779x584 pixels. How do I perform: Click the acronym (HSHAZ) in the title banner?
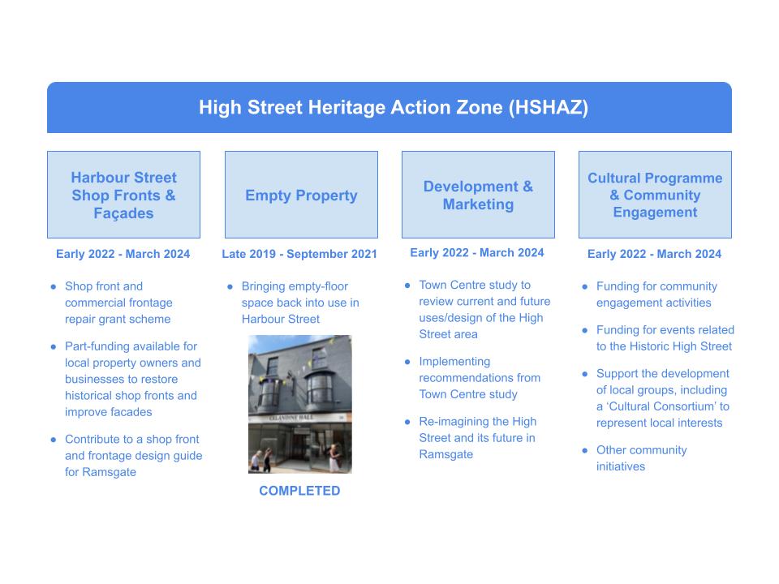tap(548, 108)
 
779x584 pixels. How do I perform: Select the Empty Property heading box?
tap(301, 195)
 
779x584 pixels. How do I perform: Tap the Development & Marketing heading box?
tap(478, 195)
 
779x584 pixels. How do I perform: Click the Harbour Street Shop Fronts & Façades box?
tap(123, 195)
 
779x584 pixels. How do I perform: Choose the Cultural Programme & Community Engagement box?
tap(655, 195)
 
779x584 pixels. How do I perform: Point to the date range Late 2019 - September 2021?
tap(299, 254)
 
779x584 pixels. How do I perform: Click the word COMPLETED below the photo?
tap(299, 491)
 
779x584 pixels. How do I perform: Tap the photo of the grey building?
tap(300, 404)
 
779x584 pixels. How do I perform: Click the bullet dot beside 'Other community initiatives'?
tap(585, 450)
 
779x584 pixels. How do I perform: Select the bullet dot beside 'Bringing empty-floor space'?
tap(230, 286)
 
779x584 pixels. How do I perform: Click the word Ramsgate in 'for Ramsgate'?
tap(109, 472)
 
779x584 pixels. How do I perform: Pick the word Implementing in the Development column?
tap(454, 362)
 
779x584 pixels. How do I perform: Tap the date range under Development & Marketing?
tap(477, 253)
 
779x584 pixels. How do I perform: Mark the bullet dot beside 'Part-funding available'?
tap(54, 346)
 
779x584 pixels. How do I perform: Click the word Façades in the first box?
tap(123, 213)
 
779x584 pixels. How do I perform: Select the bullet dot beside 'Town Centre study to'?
tap(407, 286)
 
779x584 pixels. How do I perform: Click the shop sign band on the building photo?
tap(300, 418)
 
